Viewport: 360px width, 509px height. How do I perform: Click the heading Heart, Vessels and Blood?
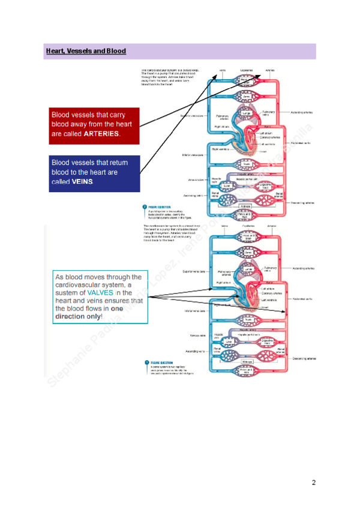[x=86, y=51]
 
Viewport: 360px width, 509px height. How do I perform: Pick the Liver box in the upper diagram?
[x=227, y=186]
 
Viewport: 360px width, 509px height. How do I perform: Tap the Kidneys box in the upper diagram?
[x=247, y=206]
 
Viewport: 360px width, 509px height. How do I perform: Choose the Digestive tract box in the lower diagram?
[x=265, y=342]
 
